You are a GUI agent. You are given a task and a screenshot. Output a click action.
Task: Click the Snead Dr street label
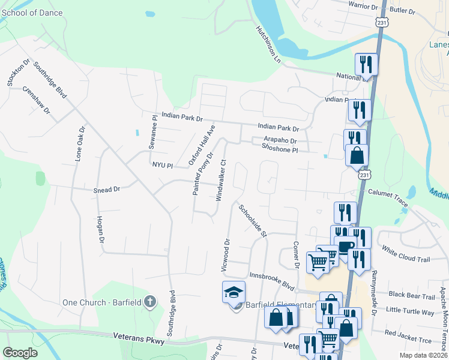[107, 190]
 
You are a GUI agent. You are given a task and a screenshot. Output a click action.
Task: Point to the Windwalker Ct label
[220, 179]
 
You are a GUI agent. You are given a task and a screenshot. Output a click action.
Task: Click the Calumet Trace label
[388, 199]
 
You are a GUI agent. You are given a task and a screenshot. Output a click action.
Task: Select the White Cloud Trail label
[406, 254]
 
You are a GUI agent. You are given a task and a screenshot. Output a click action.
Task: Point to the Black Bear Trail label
[412, 296]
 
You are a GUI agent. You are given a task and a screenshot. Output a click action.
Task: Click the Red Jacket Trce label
[408, 333]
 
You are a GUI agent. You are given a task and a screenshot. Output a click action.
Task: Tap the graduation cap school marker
[234, 292]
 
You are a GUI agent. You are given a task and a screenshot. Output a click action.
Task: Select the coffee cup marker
[346, 246]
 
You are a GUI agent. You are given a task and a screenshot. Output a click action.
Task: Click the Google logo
[20, 353]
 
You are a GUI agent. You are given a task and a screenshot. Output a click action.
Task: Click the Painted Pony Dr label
[202, 173]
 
